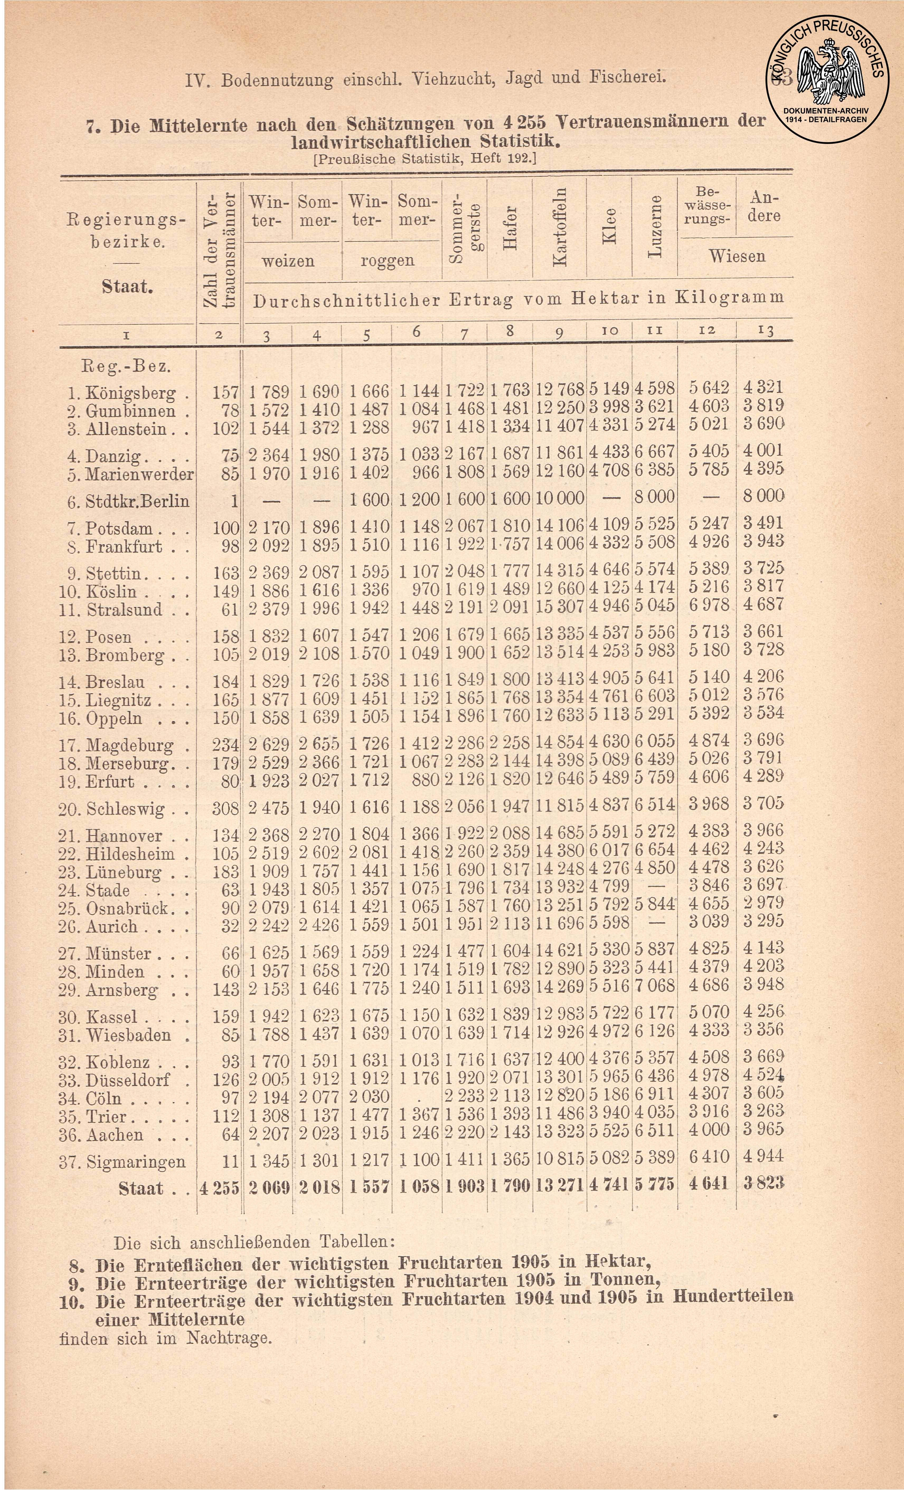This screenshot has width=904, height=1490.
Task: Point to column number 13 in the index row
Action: pos(765,330)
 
